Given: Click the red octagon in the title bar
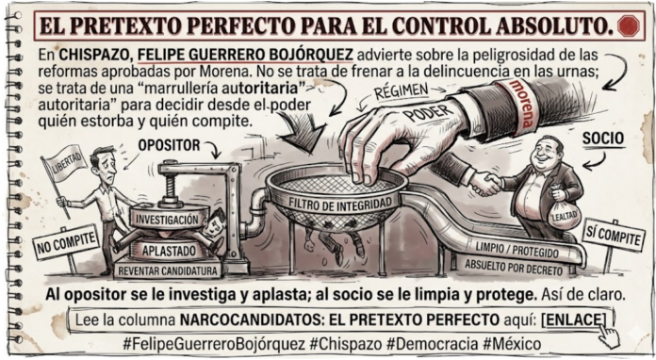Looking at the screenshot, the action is click(x=629, y=25).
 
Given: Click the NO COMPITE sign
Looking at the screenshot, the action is click(x=66, y=241).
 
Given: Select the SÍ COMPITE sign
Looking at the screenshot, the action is click(x=613, y=235).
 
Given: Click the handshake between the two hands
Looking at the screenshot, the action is click(x=485, y=183).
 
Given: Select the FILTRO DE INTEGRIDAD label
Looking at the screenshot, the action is click(x=339, y=204).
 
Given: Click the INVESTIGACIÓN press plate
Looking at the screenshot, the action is click(x=168, y=219).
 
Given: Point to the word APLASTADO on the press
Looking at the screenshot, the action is click(x=169, y=251).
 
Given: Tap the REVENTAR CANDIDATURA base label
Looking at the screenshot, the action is click(x=168, y=270).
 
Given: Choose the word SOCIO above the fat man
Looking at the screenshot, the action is click(x=603, y=139).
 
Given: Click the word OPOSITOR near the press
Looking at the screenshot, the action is click(x=169, y=145).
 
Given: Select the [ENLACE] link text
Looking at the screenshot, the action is click(x=573, y=319).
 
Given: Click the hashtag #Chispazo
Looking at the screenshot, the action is click(x=346, y=345).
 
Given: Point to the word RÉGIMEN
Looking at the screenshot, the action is click(x=401, y=91).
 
